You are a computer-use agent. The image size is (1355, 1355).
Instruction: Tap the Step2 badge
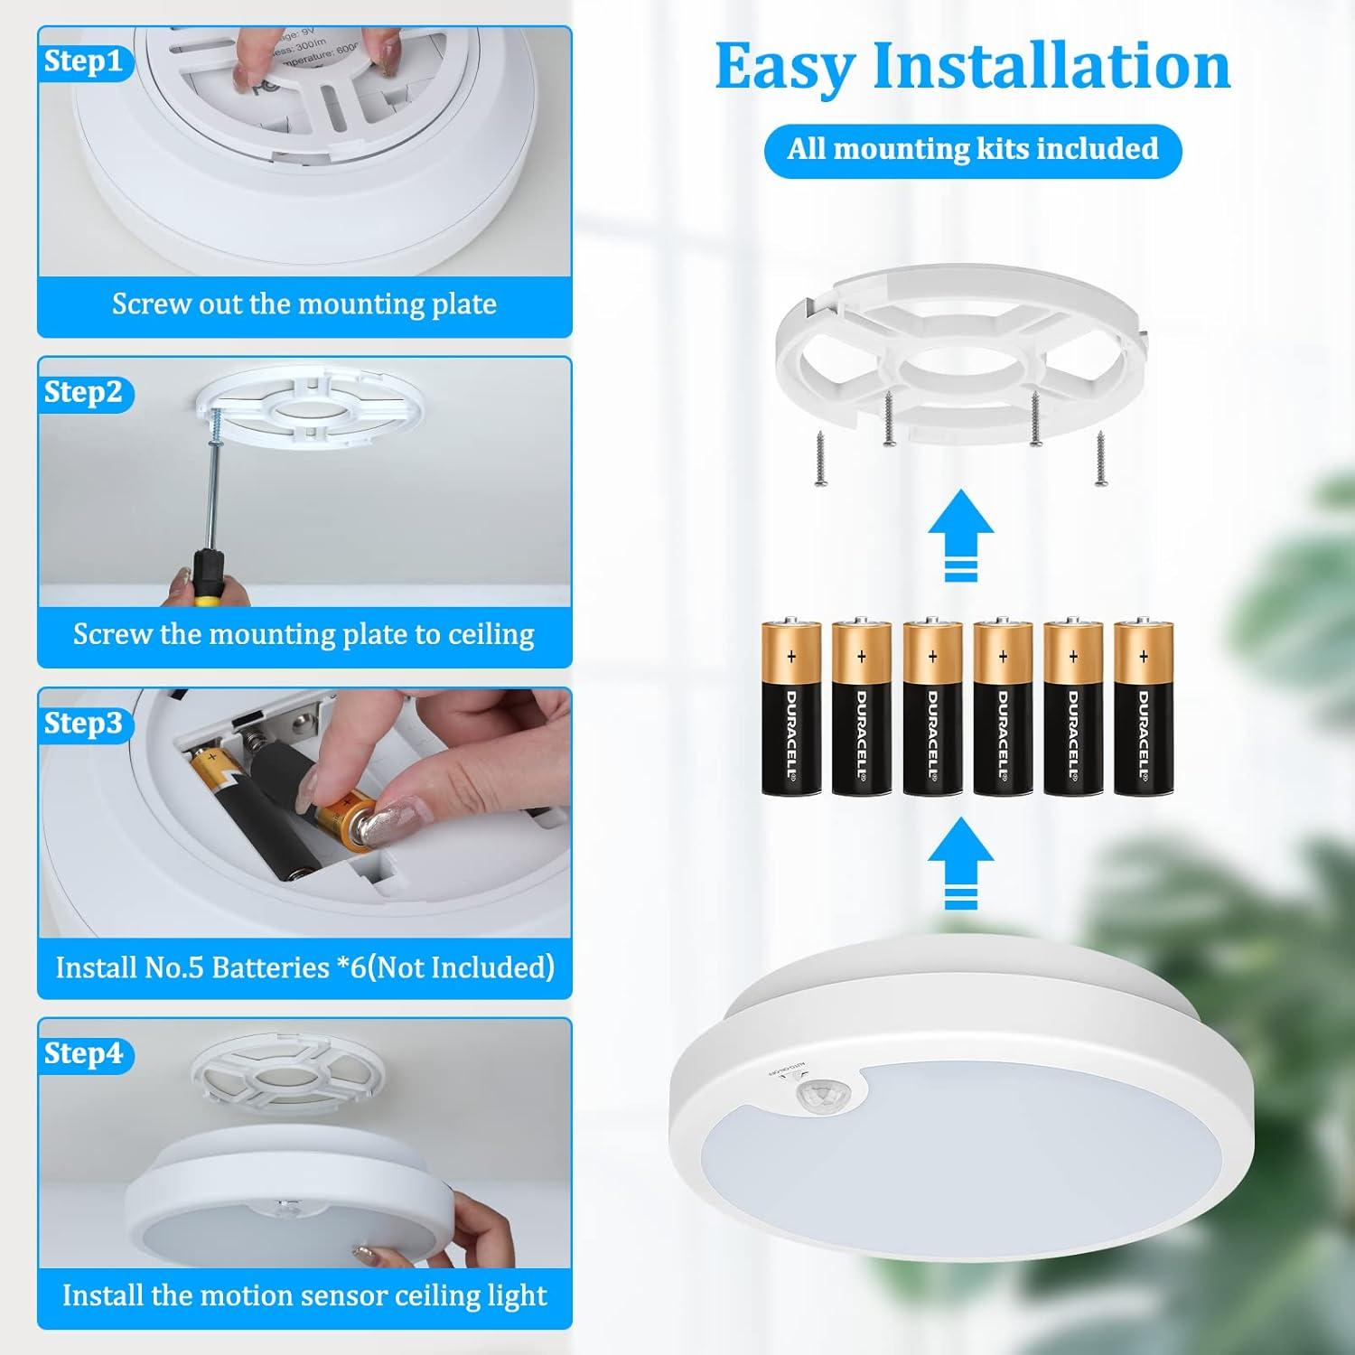pyautogui.click(x=83, y=392)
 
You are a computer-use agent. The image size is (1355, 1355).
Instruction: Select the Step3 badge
pyautogui.click(x=83, y=724)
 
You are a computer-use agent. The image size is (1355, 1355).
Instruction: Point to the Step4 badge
pyautogui.click(x=83, y=1053)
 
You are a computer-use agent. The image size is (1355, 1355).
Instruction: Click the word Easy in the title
pyautogui.click(x=784, y=67)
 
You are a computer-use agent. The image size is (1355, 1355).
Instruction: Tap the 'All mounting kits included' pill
pyautogui.click(x=972, y=149)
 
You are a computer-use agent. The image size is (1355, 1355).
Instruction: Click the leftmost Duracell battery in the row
pyautogui.click(x=790, y=707)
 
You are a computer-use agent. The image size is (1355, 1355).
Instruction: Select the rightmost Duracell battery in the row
pyautogui.click(x=1143, y=707)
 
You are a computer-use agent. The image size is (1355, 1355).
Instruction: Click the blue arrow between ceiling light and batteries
pyautogui.click(x=960, y=863)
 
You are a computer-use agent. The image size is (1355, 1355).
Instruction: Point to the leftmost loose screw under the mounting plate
pyautogui.click(x=821, y=458)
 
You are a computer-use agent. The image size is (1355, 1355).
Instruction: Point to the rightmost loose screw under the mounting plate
pyautogui.click(x=1101, y=458)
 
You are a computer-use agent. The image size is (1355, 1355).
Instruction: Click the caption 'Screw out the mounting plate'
pyautogui.click(x=304, y=304)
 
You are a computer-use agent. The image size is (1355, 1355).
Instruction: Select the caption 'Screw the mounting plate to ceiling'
pyautogui.click(x=304, y=635)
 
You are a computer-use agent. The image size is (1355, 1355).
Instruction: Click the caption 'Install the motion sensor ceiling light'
pyautogui.click(x=304, y=1295)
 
